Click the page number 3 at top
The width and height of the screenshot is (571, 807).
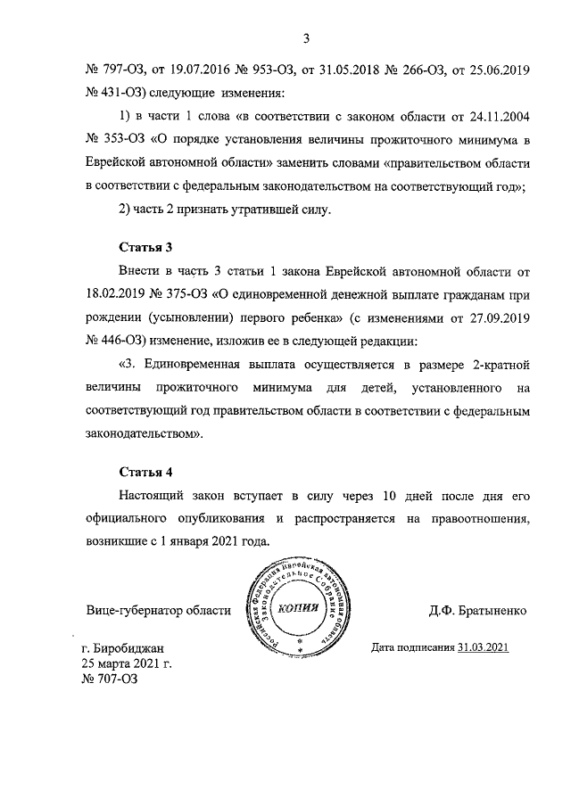coord(305,38)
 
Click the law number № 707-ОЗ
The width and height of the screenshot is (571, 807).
coord(110,678)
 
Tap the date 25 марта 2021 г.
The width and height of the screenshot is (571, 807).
coord(126,663)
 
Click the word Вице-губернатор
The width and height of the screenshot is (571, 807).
coord(133,611)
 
